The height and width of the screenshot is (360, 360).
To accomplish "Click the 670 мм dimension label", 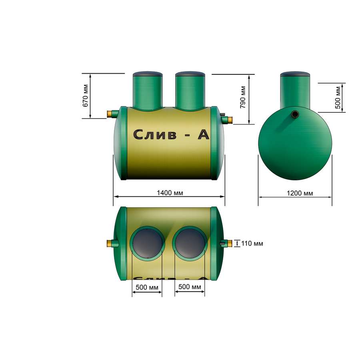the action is [x=86, y=96].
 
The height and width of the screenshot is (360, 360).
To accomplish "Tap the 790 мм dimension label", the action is [x=243, y=97].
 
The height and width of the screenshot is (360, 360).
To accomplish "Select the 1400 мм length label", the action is [x=170, y=193].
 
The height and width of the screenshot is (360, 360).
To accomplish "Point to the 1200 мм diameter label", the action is [x=300, y=193].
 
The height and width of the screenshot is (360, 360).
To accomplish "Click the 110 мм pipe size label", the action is [x=252, y=243].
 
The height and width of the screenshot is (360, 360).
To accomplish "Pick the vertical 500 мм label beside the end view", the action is [x=338, y=98].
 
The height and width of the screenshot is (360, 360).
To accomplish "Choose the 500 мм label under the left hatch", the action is [x=147, y=287].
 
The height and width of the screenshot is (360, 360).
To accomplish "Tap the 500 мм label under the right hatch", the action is [x=190, y=287].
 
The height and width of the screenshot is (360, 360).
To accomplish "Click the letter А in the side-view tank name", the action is [x=204, y=134].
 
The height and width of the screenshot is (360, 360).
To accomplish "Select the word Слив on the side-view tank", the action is [x=155, y=134].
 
